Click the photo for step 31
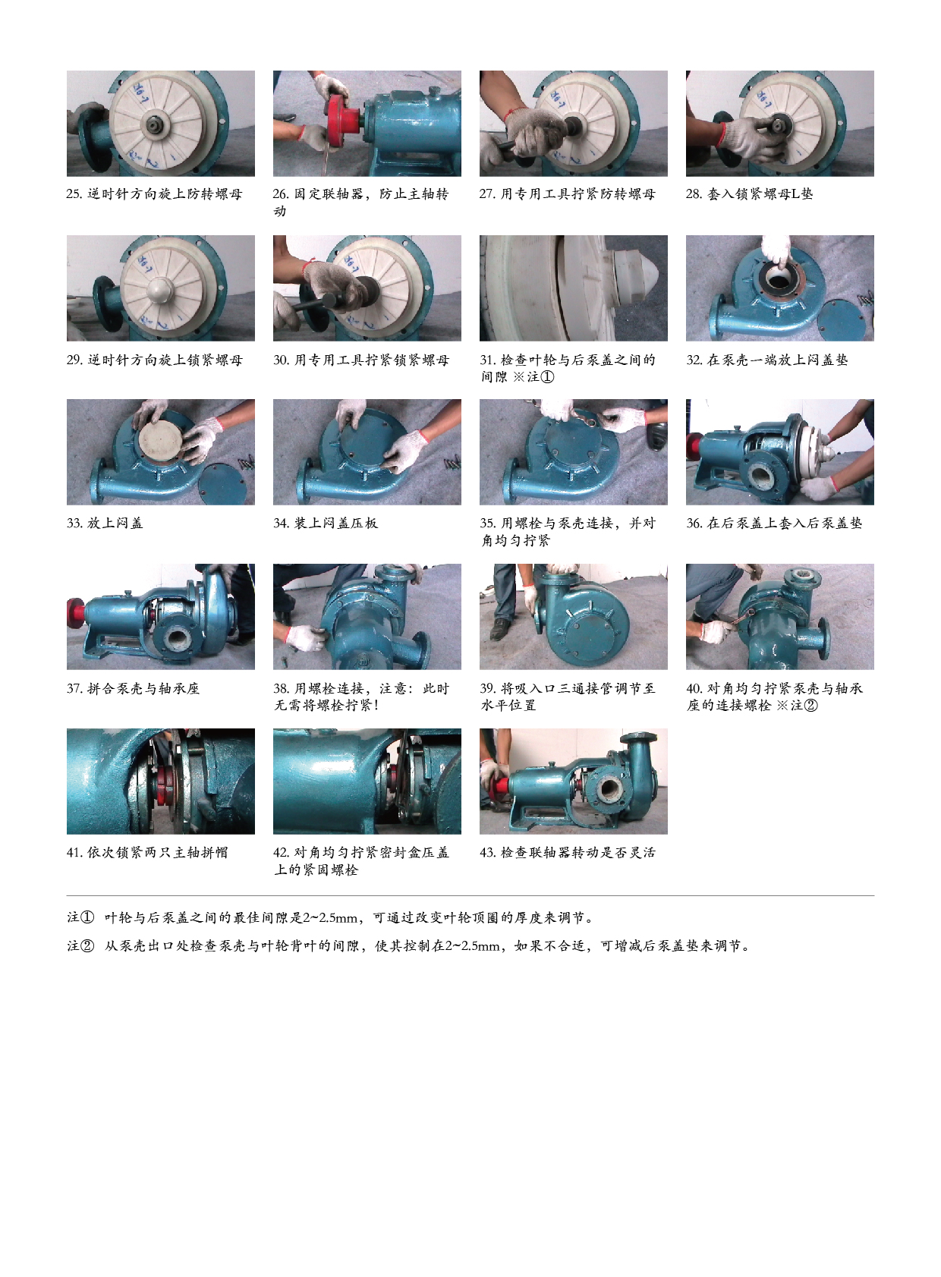[x=573, y=288]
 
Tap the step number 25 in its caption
[x=74, y=193]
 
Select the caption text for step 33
[x=105, y=523]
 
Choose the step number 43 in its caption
[x=488, y=852]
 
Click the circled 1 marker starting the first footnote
[x=87, y=917]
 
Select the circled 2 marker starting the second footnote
[x=87, y=945]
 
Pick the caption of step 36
[x=774, y=523]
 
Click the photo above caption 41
[x=161, y=781]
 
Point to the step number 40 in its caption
[x=694, y=688]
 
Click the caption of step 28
[x=749, y=193]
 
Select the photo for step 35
[x=573, y=452]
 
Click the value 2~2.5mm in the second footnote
[x=473, y=946]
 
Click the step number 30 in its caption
[x=281, y=360]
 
